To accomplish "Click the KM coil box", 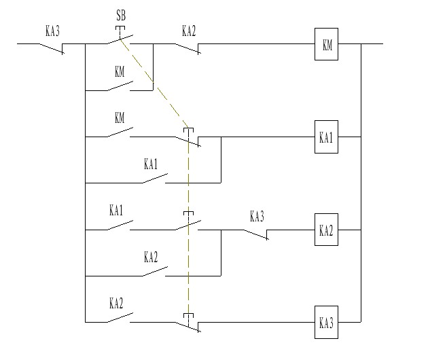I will pyautogui.click(x=326, y=45).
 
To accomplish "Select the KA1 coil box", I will pyautogui.click(x=326, y=137).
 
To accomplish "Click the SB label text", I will pyautogui.click(x=121, y=15).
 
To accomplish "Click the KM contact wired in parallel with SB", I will pyautogui.click(x=120, y=86).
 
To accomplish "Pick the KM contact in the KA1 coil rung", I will pyautogui.click(x=120, y=133).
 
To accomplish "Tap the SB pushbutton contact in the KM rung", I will pyautogui.click(x=120, y=41).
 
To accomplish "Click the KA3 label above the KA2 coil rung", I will pyautogui.click(x=256, y=217).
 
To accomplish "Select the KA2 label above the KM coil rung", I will pyautogui.click(x=189, y=31).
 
